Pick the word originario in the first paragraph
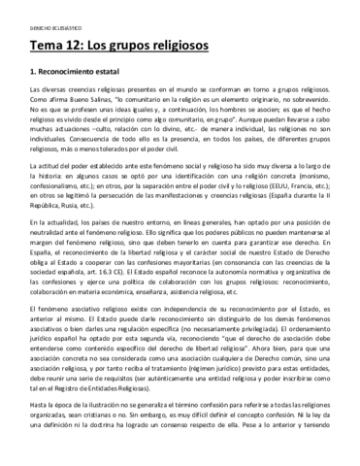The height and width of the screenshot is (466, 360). [266, 97]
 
